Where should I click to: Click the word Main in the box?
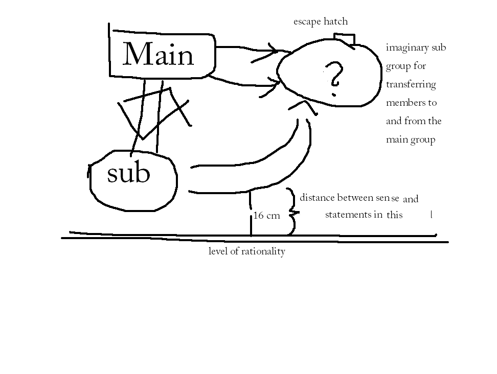point(159,54)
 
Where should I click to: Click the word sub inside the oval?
point(128,174)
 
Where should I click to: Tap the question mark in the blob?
point(335,77)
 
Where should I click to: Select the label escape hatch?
point(320,21)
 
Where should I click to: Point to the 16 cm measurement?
point(266,216)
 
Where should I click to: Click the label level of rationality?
point(246,251)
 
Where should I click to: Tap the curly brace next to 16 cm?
point(291,212)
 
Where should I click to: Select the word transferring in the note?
point(411,85)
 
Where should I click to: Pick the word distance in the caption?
point(317,198)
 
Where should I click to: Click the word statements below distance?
point(354,215)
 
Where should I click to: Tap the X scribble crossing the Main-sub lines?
point(153,110)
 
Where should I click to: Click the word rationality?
point(262,251)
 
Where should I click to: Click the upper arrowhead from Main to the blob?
point(274,51)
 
